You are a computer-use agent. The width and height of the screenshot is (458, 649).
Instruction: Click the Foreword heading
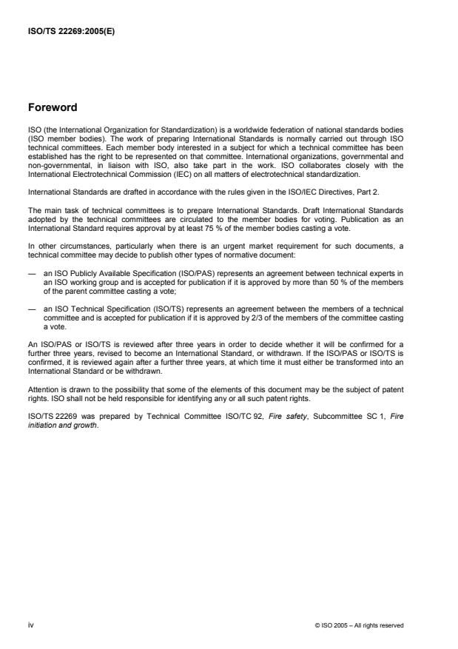click(x=53, y=107)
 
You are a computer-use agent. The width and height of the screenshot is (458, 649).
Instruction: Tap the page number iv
click(x=30, y=625)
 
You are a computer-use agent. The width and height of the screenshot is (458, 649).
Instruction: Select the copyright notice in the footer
click(x=359, y=625)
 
